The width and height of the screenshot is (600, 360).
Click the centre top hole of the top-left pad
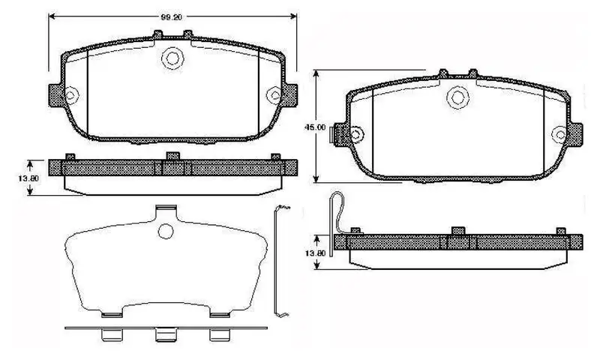click(x=173, y=57)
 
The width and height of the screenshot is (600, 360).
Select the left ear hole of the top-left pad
click(x=70, y=94)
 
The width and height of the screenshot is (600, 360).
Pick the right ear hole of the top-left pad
click(x=276, y=94)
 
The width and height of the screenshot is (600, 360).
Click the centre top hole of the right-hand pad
click(x=457, y=97)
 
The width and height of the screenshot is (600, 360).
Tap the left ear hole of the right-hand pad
click(x=355, y=135)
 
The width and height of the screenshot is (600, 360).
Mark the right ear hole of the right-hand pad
click(x=559, y=134)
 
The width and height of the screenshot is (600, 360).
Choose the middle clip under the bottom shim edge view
click(x=163, y=335)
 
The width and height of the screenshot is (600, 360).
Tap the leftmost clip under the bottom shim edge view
click(x=110, y=334)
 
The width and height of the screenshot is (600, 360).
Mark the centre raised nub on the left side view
click(x=172, y=156)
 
